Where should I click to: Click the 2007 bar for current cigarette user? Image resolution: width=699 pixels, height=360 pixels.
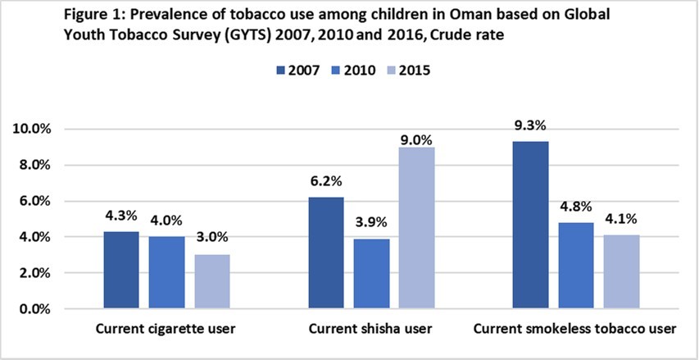121,270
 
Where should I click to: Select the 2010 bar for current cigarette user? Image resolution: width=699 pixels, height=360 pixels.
167,272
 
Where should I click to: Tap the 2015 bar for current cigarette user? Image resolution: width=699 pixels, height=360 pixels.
212,281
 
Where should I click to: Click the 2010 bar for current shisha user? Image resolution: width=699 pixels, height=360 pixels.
372,273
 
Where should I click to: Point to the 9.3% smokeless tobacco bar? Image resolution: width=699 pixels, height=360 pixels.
530,225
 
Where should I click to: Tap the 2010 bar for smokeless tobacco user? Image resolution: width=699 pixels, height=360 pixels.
576,266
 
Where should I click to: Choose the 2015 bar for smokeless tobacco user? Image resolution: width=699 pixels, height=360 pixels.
621,271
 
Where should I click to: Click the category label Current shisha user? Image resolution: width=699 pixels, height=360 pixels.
371,330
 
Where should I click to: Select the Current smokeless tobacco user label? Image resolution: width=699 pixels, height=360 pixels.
574,330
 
